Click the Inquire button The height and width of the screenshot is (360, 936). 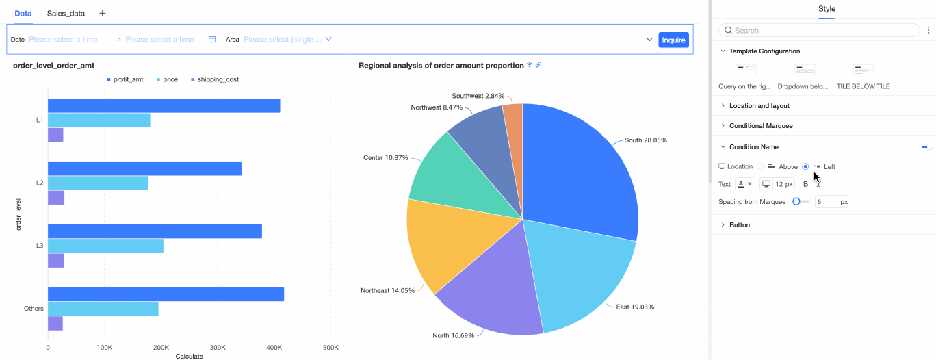[673, 40]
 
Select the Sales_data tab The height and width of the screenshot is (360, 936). [66, 13]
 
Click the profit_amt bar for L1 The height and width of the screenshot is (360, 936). [164, 105]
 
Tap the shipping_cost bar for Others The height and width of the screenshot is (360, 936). [55, 323]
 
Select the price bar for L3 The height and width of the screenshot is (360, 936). [105, 246]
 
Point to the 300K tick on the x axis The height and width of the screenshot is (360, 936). [217, 348]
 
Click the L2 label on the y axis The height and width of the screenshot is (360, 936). [40, 183]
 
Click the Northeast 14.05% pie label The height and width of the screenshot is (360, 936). [387, 290]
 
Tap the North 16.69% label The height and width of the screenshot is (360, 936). [453, 335]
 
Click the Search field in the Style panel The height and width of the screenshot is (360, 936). [821, 30]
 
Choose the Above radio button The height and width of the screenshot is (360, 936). [760, 166]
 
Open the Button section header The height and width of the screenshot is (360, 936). [739, 224]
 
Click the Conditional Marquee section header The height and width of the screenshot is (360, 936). [761, 126]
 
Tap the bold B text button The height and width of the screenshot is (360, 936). [805, 184]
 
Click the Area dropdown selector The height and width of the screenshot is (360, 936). [287, 40]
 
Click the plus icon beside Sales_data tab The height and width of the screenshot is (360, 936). [103, 13]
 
